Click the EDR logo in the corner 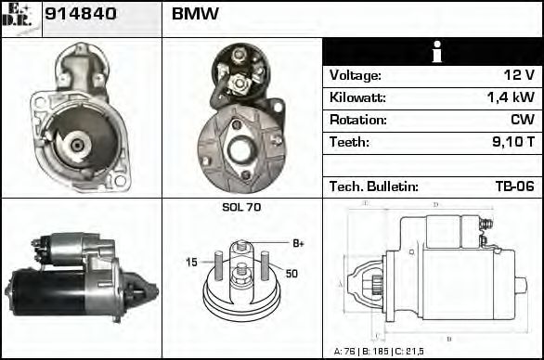[20, 18]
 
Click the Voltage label [355, 76]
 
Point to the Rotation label [356, 121]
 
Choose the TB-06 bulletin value [515, 186]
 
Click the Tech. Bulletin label [371, 186]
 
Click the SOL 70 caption [241, 208]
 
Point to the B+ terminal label [298, 243]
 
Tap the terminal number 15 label [192, 263]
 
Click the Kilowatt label [357, 98]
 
